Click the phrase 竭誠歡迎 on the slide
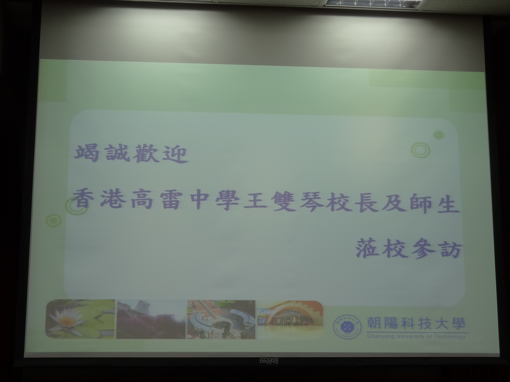click(x=131, y=154)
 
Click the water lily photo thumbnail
click(x=80, y=319)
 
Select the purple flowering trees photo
click(x=151, y=319)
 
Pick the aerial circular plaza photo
click(x=221, y=320)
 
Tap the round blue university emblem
click(x=347, y=327)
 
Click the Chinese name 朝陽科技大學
click(x=416, y=324)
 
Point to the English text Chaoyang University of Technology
click(x=416, y=336)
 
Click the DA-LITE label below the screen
click(x=269, y=360)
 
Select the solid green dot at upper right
click(x=439, y=135)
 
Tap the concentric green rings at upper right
click(x=420, y=150)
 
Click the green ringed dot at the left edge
click(x=53, y=220)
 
